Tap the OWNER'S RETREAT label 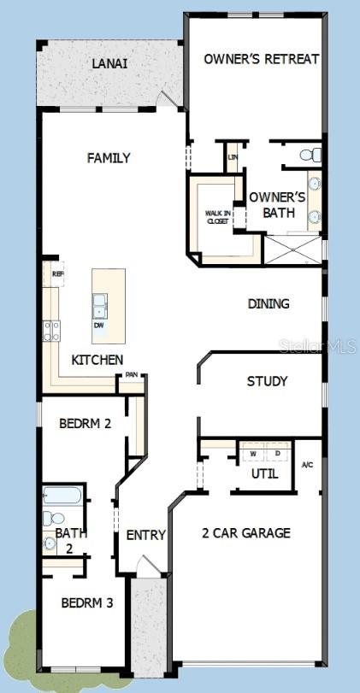click(x=262, y=59)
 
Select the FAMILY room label click(x=109, y=158)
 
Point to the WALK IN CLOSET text click(x=217, y=217)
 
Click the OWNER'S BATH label click(x=278, y=205)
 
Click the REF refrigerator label click(x=57, y=274)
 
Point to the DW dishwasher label click(x=100, y=326)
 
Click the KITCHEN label click(x=97, y=361)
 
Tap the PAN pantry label click(x=132, y=375)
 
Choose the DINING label click(x=269, y=303)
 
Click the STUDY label click(x=267, y=381)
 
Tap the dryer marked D click(x=278, y=454)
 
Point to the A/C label click(x=308, y=465)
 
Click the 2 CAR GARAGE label click(x=245, y=533)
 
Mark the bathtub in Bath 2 click(x=63, y=496)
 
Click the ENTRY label click(x=145, y=536)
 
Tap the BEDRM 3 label click(x=86, y=602)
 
